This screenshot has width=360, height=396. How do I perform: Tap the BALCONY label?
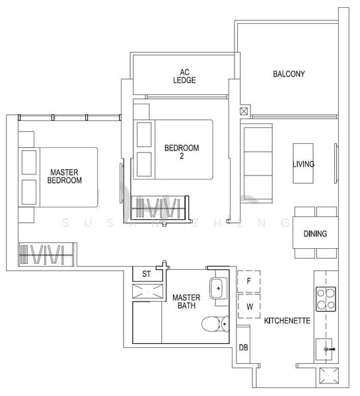289,75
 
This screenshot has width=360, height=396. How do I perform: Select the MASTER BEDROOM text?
65,176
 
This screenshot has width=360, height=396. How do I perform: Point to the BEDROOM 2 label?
181,152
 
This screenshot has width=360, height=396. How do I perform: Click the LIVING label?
303,164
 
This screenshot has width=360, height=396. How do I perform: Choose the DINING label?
315,234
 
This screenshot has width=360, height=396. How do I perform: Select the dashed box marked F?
249,280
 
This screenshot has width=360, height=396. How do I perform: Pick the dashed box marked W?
249,306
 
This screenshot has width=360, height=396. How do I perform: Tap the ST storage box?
147,274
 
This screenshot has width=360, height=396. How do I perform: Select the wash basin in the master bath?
218,288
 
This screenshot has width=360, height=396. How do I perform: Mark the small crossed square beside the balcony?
244,112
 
